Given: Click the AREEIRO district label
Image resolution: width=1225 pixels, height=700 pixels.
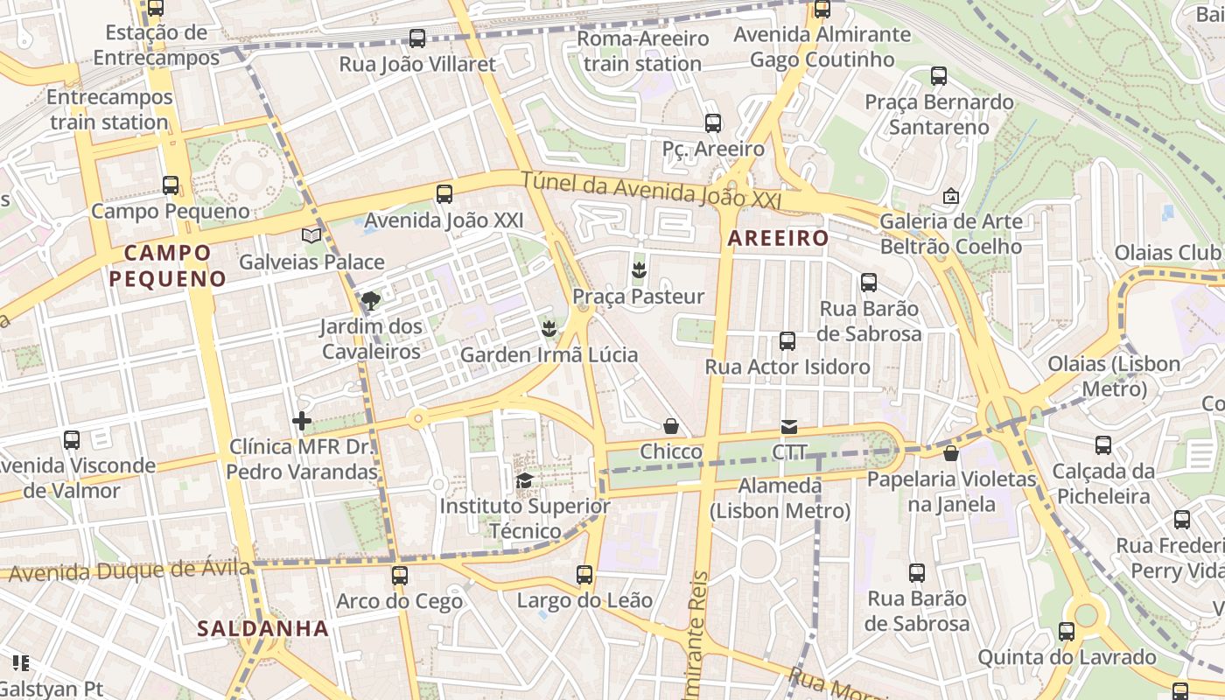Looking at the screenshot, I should [778, 238].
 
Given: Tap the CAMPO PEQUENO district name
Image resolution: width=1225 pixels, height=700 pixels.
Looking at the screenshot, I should [167, 266].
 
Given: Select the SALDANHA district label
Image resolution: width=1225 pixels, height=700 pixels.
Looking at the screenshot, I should [262, 628].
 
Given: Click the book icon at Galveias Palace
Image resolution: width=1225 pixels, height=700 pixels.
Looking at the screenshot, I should [311, 235].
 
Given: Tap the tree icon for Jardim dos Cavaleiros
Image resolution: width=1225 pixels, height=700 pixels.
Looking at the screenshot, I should [371, 301].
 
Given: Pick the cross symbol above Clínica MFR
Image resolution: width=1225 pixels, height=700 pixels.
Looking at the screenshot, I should [302, 422].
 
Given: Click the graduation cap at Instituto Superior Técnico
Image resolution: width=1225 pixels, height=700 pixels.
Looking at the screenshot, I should [524, 480].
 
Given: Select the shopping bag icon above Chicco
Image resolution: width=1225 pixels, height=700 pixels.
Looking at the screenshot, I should [671, 426].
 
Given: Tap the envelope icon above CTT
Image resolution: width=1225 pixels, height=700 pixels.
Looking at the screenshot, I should [789, 427].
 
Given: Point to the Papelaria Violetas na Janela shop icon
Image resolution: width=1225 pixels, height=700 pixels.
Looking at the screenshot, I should [951, 453].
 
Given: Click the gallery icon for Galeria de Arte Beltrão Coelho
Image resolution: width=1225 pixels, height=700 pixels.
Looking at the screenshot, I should [951, 196].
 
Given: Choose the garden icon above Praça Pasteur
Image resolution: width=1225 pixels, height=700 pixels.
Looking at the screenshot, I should [639, 270].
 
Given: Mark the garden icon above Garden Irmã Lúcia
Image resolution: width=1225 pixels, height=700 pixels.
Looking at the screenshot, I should [549, 329].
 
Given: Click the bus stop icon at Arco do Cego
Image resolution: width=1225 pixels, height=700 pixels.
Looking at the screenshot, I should [400, 576].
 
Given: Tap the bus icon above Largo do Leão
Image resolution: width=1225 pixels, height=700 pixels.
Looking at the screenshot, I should [584, 575].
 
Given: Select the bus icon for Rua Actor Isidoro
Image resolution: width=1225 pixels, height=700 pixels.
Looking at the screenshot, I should [787, 341].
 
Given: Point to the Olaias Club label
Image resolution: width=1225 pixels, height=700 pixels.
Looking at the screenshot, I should [1167, 254].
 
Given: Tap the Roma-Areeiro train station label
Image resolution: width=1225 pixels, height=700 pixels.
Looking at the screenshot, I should [643, 51].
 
